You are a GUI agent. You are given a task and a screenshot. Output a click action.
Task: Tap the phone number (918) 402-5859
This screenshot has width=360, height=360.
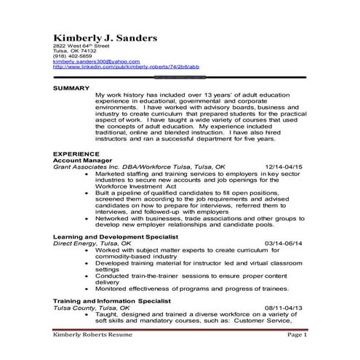tap(72, 55)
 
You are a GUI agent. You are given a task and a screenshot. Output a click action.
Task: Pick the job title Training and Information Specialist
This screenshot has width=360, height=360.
tap(111, 300)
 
